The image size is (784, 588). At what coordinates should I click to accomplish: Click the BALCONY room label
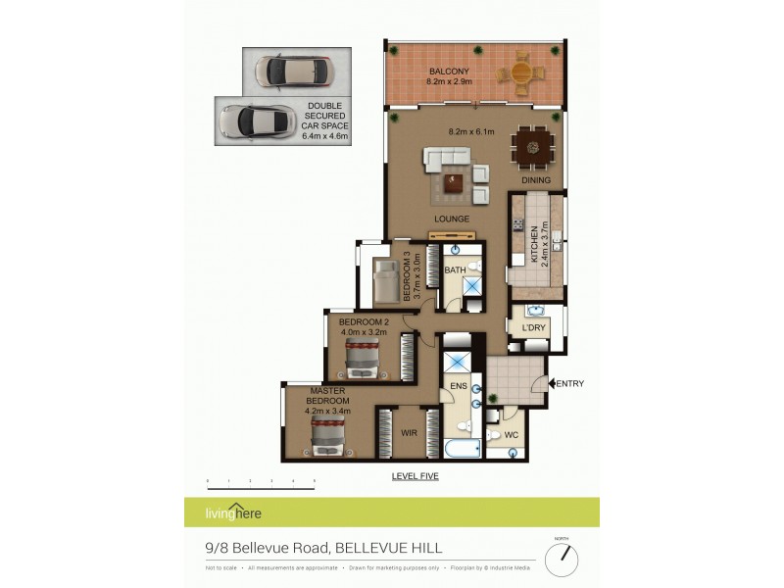(450, 72)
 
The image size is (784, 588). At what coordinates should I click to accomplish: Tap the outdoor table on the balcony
(520, 73)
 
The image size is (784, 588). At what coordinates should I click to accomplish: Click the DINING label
(535, 180)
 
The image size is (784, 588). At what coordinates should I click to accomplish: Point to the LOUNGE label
(452, 219)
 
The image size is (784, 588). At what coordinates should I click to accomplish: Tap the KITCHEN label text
(535, 246)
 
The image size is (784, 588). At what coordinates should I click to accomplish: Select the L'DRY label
(532, 327)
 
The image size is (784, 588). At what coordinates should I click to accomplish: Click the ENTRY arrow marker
(551, 383)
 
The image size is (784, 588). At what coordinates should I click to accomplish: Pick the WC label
(511, 435)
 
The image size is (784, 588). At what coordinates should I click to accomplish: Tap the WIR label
(409, 432)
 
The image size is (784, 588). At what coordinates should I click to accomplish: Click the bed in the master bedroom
(330, 438)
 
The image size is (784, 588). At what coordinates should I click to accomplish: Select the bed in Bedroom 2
(362, 360)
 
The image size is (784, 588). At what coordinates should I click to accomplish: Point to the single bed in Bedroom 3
(383, 280)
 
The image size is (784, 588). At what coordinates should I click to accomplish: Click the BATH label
(455, 269)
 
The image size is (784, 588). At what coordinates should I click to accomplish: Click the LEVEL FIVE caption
(415, 476)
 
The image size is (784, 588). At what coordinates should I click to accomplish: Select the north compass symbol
(562, 560)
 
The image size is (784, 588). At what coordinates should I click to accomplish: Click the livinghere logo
(233, 513)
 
